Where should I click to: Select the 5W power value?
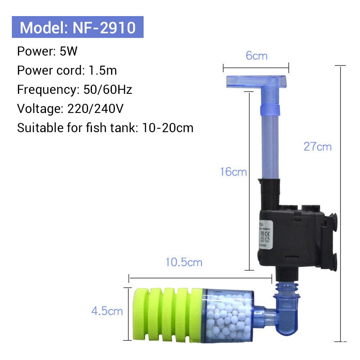tap(69, 51)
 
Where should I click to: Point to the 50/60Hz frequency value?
tap(108, 90)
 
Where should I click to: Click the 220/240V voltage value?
tap(95, 109)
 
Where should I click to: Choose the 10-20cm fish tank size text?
tap(168, 128)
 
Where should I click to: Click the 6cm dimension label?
tap(256, 56)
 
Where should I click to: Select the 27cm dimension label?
tap(317, 147)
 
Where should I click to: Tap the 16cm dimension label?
tap(233, 172)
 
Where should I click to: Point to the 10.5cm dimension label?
tap(184, 262)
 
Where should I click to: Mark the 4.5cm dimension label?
tap(107, 311)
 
